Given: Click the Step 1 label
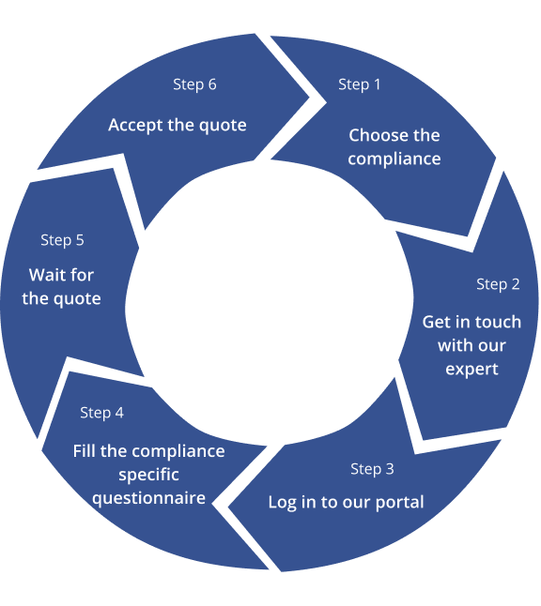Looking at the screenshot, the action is click(360, 84).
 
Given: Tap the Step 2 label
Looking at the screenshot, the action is click(498, 284).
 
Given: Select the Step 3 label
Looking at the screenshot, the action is click(372, 469).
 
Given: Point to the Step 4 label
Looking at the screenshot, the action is click(101, 413).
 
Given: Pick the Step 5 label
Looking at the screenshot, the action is click(62, 240).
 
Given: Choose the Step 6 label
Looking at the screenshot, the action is click(194, 84).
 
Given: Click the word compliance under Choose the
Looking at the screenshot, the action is click(394, 159).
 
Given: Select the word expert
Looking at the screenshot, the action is click(471, 369).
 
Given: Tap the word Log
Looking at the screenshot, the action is click(283, 503).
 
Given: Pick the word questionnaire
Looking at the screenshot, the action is click(149, 498).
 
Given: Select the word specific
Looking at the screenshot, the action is click(149, 475).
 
